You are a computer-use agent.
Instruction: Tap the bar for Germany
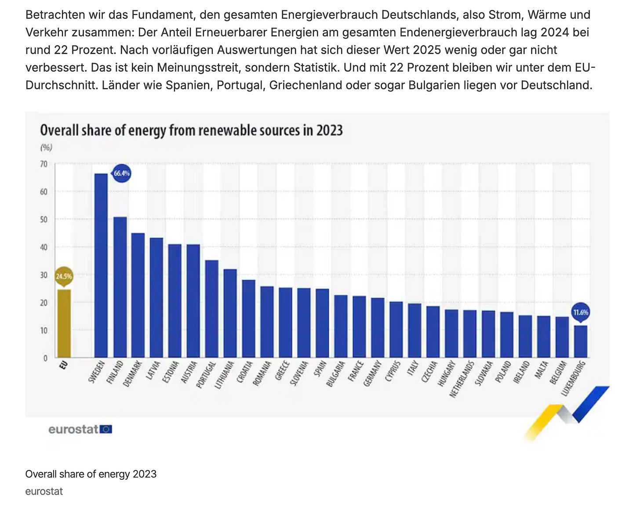point(378,327)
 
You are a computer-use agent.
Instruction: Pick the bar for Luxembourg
point(580,341)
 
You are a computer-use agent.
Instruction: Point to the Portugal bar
point(212,309)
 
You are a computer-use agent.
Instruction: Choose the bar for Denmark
point(138,295)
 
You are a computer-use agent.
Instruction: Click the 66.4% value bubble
point(122,173)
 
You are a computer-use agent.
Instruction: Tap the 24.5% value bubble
point(64,276)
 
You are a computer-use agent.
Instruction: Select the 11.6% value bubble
point(580,312)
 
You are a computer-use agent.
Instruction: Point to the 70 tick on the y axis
point(44,164)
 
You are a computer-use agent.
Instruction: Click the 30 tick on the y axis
point(44,275)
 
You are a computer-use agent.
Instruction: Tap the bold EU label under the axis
point(63,365)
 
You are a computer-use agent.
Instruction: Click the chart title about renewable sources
point(191,131)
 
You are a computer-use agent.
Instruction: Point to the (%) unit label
point(46,147)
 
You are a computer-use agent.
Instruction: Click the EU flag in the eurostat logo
point(106,429)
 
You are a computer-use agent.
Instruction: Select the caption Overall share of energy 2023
point(91,474)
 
